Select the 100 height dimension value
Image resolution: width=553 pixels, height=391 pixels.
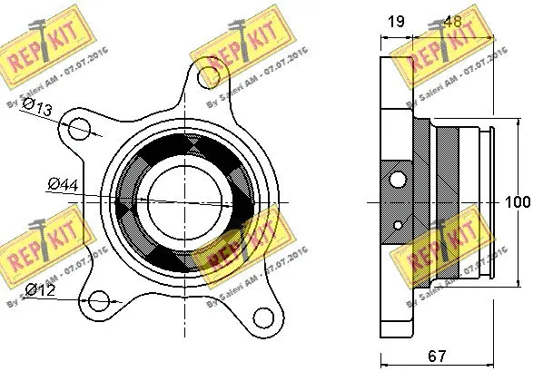point(518,202)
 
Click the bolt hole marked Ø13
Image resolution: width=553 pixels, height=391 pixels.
point(81,128)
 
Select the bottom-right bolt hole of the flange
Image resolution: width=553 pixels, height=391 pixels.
point(264,318)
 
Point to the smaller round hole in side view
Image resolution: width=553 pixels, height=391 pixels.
point(399,223)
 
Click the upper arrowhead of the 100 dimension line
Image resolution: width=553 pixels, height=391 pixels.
point(518,122)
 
